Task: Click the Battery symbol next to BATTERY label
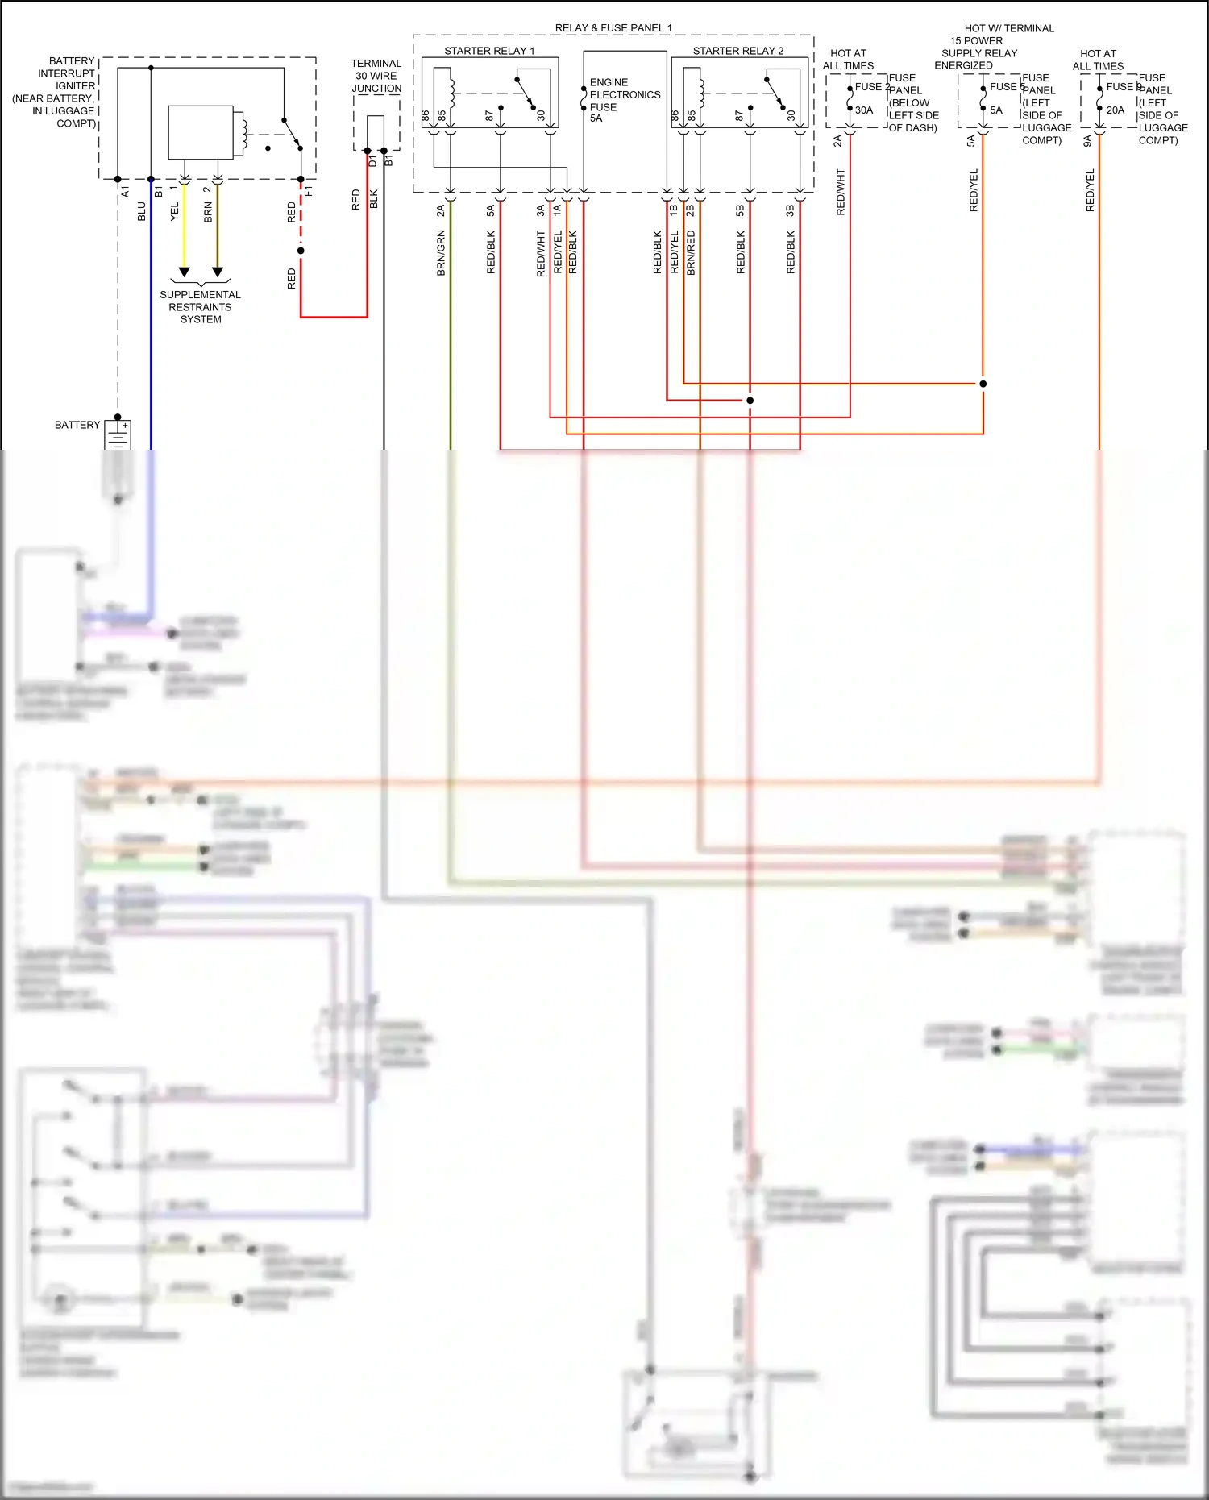click(118, 434)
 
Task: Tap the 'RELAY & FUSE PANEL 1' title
click(613, 27)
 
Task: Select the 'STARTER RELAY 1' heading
click(489, 51)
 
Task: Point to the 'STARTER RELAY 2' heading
click(737, 51)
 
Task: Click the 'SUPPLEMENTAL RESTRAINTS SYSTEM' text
click(200, 307)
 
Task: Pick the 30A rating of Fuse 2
click(863, 110)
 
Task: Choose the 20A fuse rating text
click(1115, 110)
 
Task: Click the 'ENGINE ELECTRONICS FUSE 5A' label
click(624, 100)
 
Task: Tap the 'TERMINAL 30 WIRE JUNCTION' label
click(376, 76)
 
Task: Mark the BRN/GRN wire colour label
click(441, 253)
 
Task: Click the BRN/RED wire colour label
click(691, 253)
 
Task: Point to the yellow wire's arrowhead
click(184, 272)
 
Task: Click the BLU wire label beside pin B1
click(142, 211)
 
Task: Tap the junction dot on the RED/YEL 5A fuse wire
click(983, 384)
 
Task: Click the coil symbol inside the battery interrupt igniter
click(239, 132)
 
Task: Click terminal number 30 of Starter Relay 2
click(791, 116)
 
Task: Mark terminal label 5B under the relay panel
click(740, 210)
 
